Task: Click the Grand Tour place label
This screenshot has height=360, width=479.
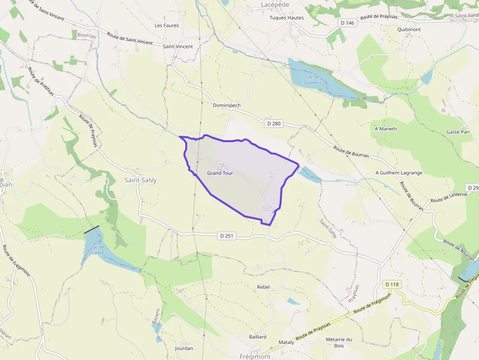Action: tap(220, 173)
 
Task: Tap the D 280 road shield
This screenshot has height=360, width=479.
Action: tap(274, 124)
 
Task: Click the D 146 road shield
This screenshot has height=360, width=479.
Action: tap(348, 23)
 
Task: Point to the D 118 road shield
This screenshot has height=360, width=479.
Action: tap(392, 284)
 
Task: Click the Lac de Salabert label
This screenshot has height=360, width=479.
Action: tap(312, 80)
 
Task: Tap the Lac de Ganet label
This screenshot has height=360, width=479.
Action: tap(97, 250)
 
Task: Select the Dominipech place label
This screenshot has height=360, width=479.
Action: tap(227, 105)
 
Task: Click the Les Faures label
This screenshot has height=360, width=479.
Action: tap(167, 25)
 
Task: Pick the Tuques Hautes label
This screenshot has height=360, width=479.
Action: tap(287, 18)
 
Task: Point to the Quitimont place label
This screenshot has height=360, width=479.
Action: tap(409, 29)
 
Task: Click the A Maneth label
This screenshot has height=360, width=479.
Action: tap(386, 129)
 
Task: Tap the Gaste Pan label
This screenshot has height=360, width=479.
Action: tap(457, 132)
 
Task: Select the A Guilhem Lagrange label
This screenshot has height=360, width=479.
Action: tap(399, 173)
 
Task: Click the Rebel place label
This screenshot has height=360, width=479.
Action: tap(263, 287)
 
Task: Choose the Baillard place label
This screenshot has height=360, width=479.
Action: tap(258, 337)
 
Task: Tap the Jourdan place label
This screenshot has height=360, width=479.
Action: tap(184, 348)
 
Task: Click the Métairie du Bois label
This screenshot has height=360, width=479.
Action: tap(339, 342)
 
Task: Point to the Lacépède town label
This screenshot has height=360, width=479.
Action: tap(275, 5)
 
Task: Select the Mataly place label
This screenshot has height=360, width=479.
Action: tap(286, 342)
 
